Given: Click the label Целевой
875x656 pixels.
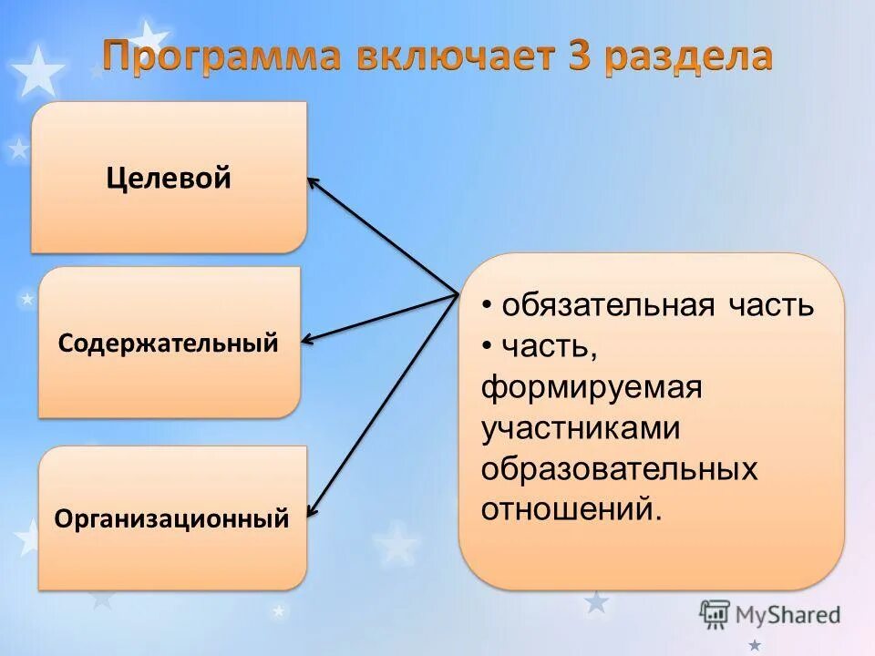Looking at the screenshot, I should (169, 178).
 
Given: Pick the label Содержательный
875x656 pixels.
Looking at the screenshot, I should (168, 343).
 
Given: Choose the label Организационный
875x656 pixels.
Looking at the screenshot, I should (171, 520).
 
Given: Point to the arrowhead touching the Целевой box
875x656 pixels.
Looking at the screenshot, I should (313, 181).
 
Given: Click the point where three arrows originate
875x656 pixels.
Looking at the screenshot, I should (457, 293).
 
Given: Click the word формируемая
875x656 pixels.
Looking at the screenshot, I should (592, 387).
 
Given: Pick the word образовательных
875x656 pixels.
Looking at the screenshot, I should (620, 468).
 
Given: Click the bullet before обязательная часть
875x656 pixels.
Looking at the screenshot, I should (489, 306).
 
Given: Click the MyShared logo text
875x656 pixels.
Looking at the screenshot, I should (787, 614).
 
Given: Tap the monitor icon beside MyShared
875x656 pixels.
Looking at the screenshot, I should (715, 614).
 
